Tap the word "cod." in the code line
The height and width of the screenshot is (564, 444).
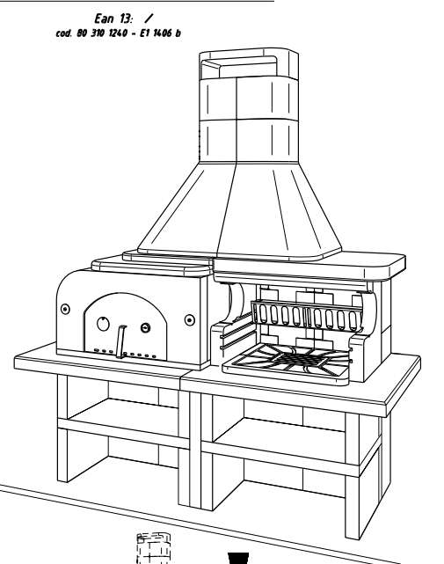click(x=64, y=33)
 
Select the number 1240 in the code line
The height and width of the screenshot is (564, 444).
click(x=118, y=33)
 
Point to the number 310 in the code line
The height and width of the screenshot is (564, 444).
click(x=97, y=33)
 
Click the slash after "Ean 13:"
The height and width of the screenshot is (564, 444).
click(x=148, y=18)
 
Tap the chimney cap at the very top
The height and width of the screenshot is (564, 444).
click(x=249, y=64)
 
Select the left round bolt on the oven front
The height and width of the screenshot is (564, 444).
click(x=65, y=309)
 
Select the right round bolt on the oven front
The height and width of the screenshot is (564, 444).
click(x=189, y=319)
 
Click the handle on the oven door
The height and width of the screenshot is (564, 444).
click(x=120, y=341)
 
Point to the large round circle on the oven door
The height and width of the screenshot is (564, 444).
click(x=103, y=324)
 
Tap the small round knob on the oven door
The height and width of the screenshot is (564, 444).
click(x=145, y=327)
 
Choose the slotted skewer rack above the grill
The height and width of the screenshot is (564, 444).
click(x=306, y=316)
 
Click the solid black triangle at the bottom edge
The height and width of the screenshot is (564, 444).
click(x=238, y=558)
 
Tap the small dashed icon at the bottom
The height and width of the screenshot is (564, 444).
click(x=152, y=548)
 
